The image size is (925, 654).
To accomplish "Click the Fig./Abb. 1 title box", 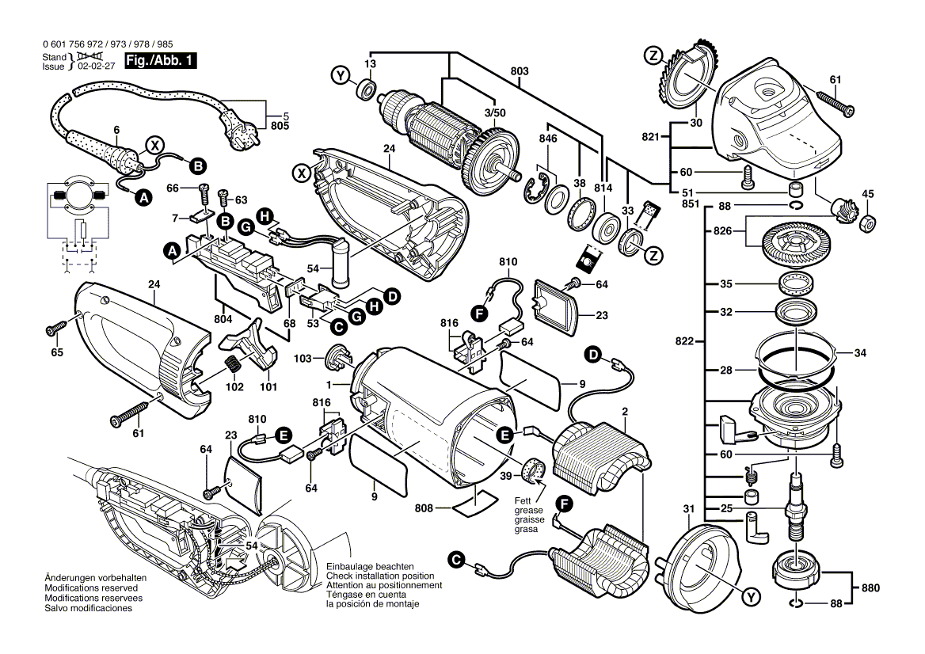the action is [x=160, y=61].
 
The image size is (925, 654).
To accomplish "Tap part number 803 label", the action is [x=520, y=71].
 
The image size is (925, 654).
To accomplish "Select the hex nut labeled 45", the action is [x=868, y=222].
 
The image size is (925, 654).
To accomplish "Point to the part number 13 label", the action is [x=369, y=63].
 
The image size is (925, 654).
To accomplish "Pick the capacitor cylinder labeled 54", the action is [x=341, y=262].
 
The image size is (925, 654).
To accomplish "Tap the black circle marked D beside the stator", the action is [x=593, y=355].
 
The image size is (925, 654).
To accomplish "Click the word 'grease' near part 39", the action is [x=528, y=511].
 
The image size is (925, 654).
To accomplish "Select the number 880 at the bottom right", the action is [x=870, y=587].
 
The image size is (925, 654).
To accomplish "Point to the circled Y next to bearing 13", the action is [x=341, y=75].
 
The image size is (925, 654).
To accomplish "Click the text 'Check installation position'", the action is [x=380, y=576].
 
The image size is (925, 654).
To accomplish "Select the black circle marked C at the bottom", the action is [x=455, y=560].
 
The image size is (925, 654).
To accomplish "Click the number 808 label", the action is [x=424, y=508].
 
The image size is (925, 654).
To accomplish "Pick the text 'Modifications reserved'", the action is [x=91, y=588].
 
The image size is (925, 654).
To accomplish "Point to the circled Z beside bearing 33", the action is [x=654, y=256].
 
